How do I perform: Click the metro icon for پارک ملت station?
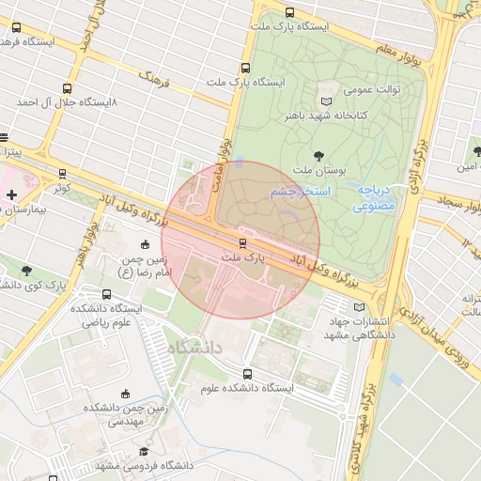[x=242, y=242]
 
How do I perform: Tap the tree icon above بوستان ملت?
[x=317, y=155]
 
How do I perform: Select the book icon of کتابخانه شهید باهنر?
[x=326, y=101]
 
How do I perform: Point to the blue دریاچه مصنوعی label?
[x=379, y=196]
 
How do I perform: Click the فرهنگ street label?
[x=152, y=77]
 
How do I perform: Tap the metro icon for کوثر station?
[x=62, y=174]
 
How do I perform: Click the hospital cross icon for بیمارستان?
[x=11, y=195]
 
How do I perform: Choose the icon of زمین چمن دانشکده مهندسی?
[x=125, y=394]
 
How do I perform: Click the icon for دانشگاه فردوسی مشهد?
[x=143, y=452]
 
